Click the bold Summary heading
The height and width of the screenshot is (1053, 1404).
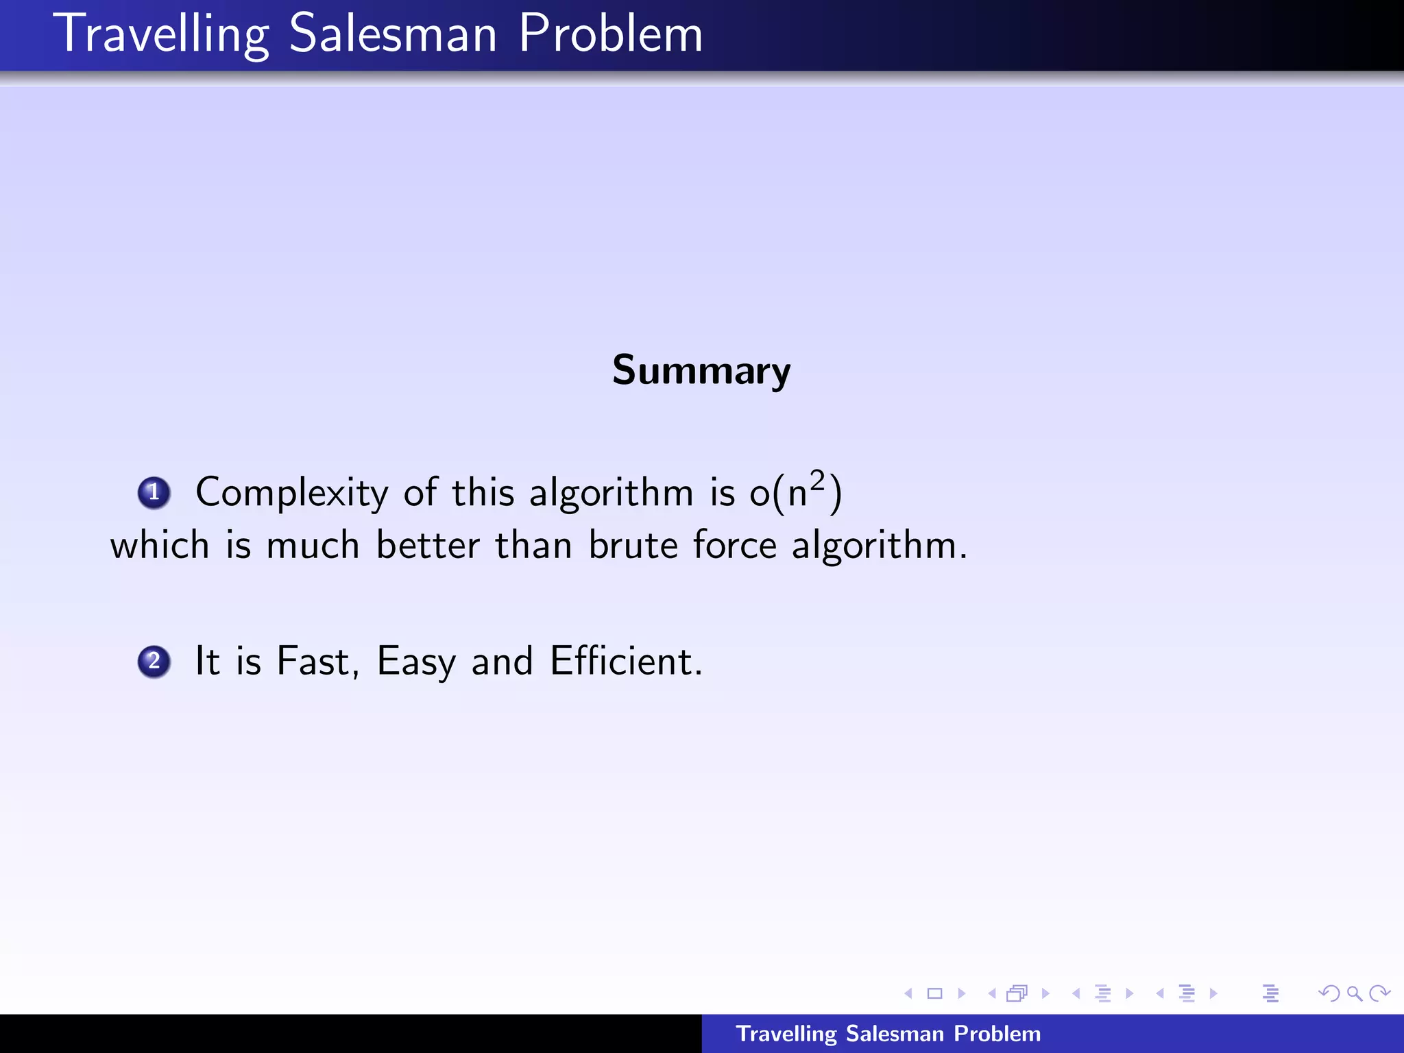701,371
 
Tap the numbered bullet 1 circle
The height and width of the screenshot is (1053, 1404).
154,492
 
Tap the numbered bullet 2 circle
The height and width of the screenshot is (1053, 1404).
154,662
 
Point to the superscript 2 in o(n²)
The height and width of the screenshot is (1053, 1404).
816,481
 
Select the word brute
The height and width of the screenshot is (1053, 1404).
633,546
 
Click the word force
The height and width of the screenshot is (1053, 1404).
734,546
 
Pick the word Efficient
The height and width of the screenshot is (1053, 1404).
625,662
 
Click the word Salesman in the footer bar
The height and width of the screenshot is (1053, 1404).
895,1034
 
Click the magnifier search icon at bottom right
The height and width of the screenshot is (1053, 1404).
1353,993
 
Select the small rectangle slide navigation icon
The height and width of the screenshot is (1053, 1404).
934,993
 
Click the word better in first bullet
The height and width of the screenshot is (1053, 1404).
428,546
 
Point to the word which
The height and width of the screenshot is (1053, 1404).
159,546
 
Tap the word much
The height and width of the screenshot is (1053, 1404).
313,546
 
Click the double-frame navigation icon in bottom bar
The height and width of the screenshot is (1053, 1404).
1017,993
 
